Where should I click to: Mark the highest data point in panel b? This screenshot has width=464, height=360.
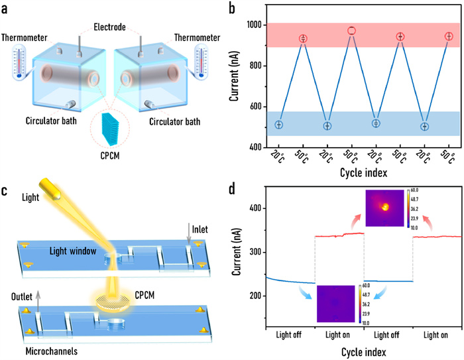pyautogui.click(x=351, y=30)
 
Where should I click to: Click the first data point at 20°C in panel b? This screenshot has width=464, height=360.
pyautogui.click(x=278, y=125)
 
